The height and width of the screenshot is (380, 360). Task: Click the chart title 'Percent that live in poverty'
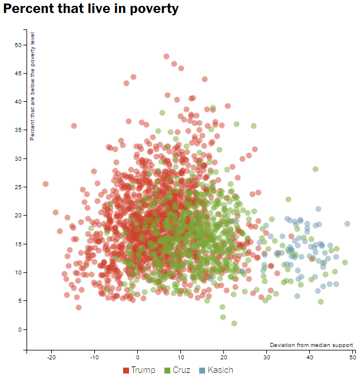91,9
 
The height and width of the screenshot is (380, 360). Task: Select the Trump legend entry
139,370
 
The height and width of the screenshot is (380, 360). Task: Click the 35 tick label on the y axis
18,130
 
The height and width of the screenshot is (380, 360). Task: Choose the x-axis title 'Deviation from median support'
311,345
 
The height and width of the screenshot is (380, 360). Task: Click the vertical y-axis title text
33,87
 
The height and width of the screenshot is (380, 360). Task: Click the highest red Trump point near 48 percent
167,57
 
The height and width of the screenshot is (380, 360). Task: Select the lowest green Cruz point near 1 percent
234,323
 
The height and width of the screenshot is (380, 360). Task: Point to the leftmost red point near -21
45,184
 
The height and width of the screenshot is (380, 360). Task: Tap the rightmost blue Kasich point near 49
348,224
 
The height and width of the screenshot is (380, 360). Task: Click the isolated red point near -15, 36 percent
74,125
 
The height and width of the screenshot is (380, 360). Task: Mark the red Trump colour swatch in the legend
126,370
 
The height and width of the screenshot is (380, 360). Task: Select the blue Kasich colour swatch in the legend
202,370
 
